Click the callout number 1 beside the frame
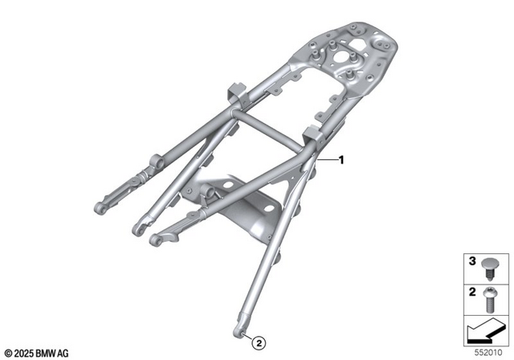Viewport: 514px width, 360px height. click(x=341, y=160)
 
